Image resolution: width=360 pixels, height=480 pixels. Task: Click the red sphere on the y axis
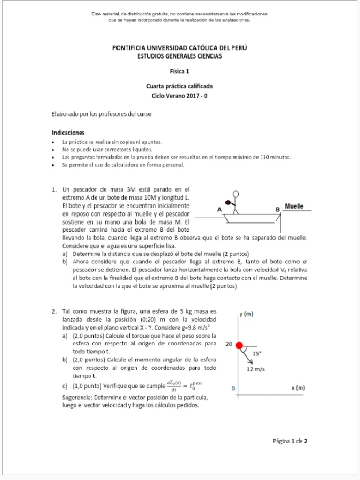click(x=240, y=345)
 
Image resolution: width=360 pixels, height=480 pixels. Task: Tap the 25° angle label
click(x=257, y=354)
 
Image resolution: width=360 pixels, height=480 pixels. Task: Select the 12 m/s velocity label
click(x=256, y=369)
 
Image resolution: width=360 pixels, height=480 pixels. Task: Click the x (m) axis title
click(x=298, y=388)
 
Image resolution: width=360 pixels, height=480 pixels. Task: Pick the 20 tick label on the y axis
click(x=229, y=344)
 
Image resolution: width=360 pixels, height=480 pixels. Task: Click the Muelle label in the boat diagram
click(x=294, y=206)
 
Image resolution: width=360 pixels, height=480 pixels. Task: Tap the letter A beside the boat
click(x=219, y=210)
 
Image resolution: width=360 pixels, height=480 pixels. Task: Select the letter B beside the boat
click(x=277, y=209)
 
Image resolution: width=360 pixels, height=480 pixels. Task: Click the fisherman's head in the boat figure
click(x=236, y=194)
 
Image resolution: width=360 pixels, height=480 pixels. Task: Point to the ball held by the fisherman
click(x=227, y=203)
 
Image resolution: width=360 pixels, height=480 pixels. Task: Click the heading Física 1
click(x=180, y=72)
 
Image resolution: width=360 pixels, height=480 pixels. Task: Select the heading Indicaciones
click(x=68, y=133)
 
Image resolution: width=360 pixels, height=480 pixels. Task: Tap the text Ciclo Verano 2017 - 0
click(x=180, y=95)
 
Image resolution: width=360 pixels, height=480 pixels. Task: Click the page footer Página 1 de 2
click(x=290, y=441)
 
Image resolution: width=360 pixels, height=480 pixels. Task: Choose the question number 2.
click(x=54, y=311)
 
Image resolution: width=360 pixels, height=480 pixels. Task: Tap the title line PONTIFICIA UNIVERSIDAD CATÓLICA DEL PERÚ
click(x=180, y=48)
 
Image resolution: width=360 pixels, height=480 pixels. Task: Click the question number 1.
click(x=54, y=190)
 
